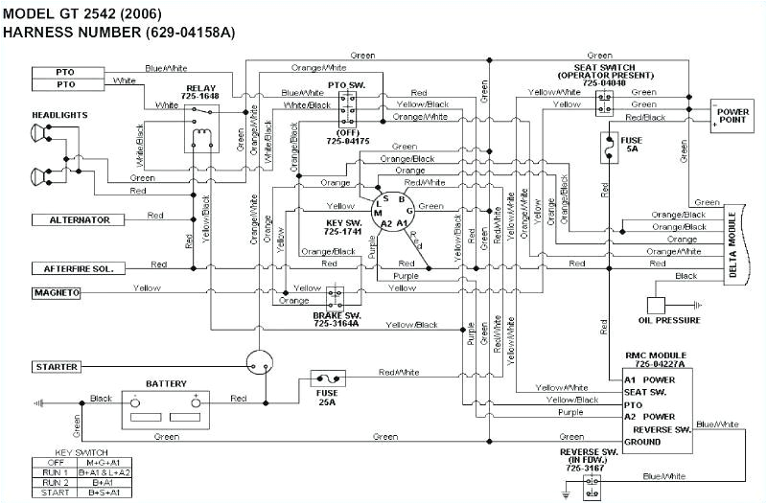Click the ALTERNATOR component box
[80, 220]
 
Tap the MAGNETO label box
[58, 291]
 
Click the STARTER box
[57, 367]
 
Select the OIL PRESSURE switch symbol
[658, 305]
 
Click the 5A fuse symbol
[606, 145]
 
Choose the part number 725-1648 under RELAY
[201, 97]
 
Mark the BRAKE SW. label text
[335, 314]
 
